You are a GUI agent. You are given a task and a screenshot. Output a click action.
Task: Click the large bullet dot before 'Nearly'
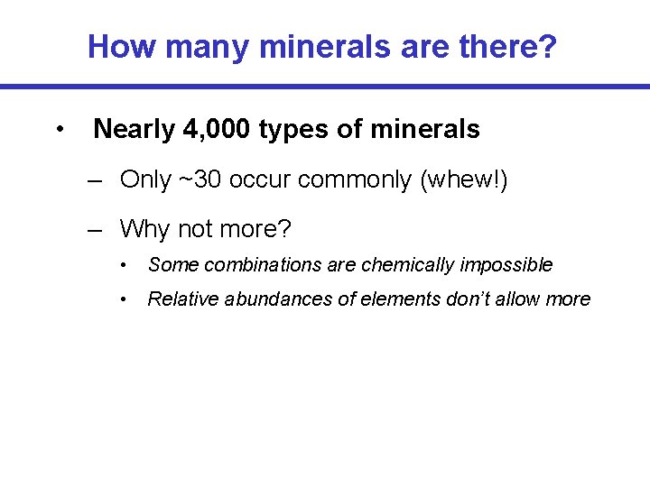59,130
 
